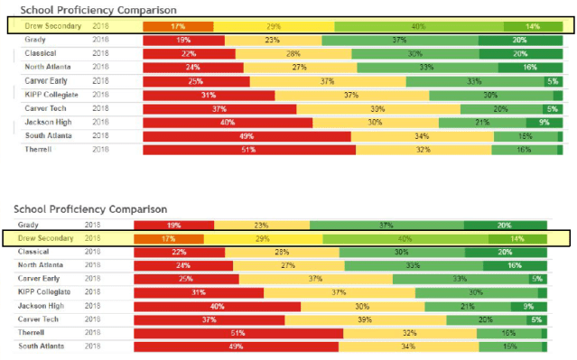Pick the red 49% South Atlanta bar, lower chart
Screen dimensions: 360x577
[237, 346]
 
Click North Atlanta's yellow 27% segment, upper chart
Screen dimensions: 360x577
[300, 68]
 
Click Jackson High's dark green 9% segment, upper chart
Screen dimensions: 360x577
[544, 122]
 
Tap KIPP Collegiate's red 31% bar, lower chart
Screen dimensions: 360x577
[199, 292]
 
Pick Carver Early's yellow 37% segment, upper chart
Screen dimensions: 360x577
[327, 81]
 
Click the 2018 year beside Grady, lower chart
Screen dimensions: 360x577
[93, 225]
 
